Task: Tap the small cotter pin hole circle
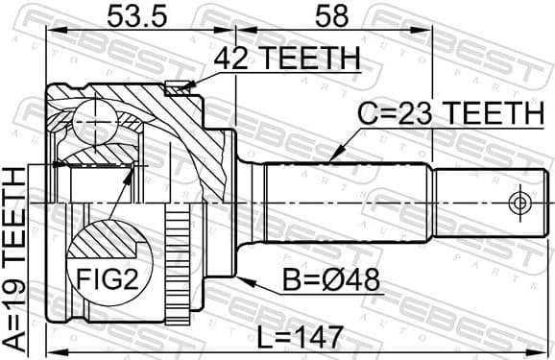[519, 203]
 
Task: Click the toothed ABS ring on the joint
[176, 268]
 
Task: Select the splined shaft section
[346, 203]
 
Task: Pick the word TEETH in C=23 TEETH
[490, 114]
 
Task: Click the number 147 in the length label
[320, 336]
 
